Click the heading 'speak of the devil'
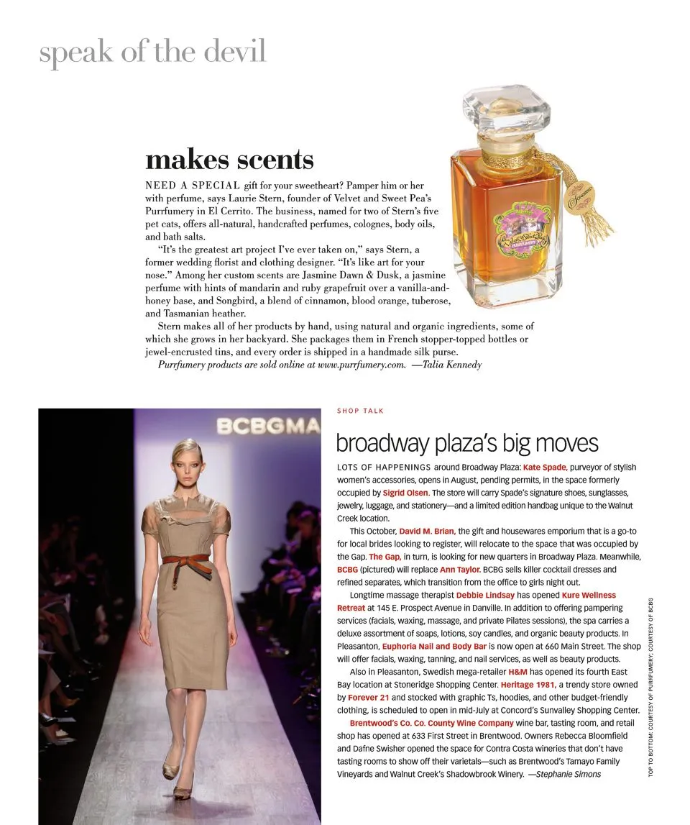click(x=152, y=53)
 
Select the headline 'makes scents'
click(x=229, y=160)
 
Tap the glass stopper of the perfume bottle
click(x=506, y=114)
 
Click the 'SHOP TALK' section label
click(x=360, y=411)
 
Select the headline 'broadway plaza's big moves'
click(x=466, y=443)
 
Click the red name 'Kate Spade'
click(x=545, y=467)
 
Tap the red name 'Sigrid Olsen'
click(x=405, y=493)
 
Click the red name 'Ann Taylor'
click(x=459, y=570)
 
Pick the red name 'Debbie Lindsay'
click(x=485, y=596)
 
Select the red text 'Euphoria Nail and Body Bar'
click(x=434, y=647)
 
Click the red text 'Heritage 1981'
click(x=528, y=685)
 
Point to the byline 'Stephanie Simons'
click(x=568, y=774)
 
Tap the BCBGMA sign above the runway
click(x=268, y=427)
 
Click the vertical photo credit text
click(x=650, y=687)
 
